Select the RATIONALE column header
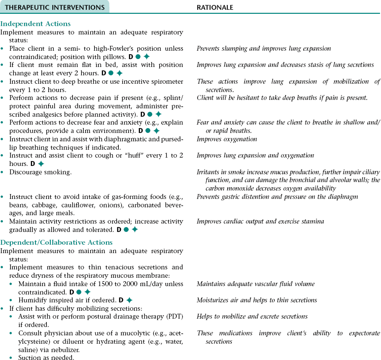click(215, 7)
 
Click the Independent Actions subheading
click(35, 24)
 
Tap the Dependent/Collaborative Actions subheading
click(57, 242)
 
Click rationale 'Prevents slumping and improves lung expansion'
click(264, 49)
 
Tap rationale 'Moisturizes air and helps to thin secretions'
click(257, 300)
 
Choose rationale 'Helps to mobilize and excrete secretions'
click(252, 316)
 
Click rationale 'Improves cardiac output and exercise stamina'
click(260, 222)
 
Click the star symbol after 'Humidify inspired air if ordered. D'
click(130, 300)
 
